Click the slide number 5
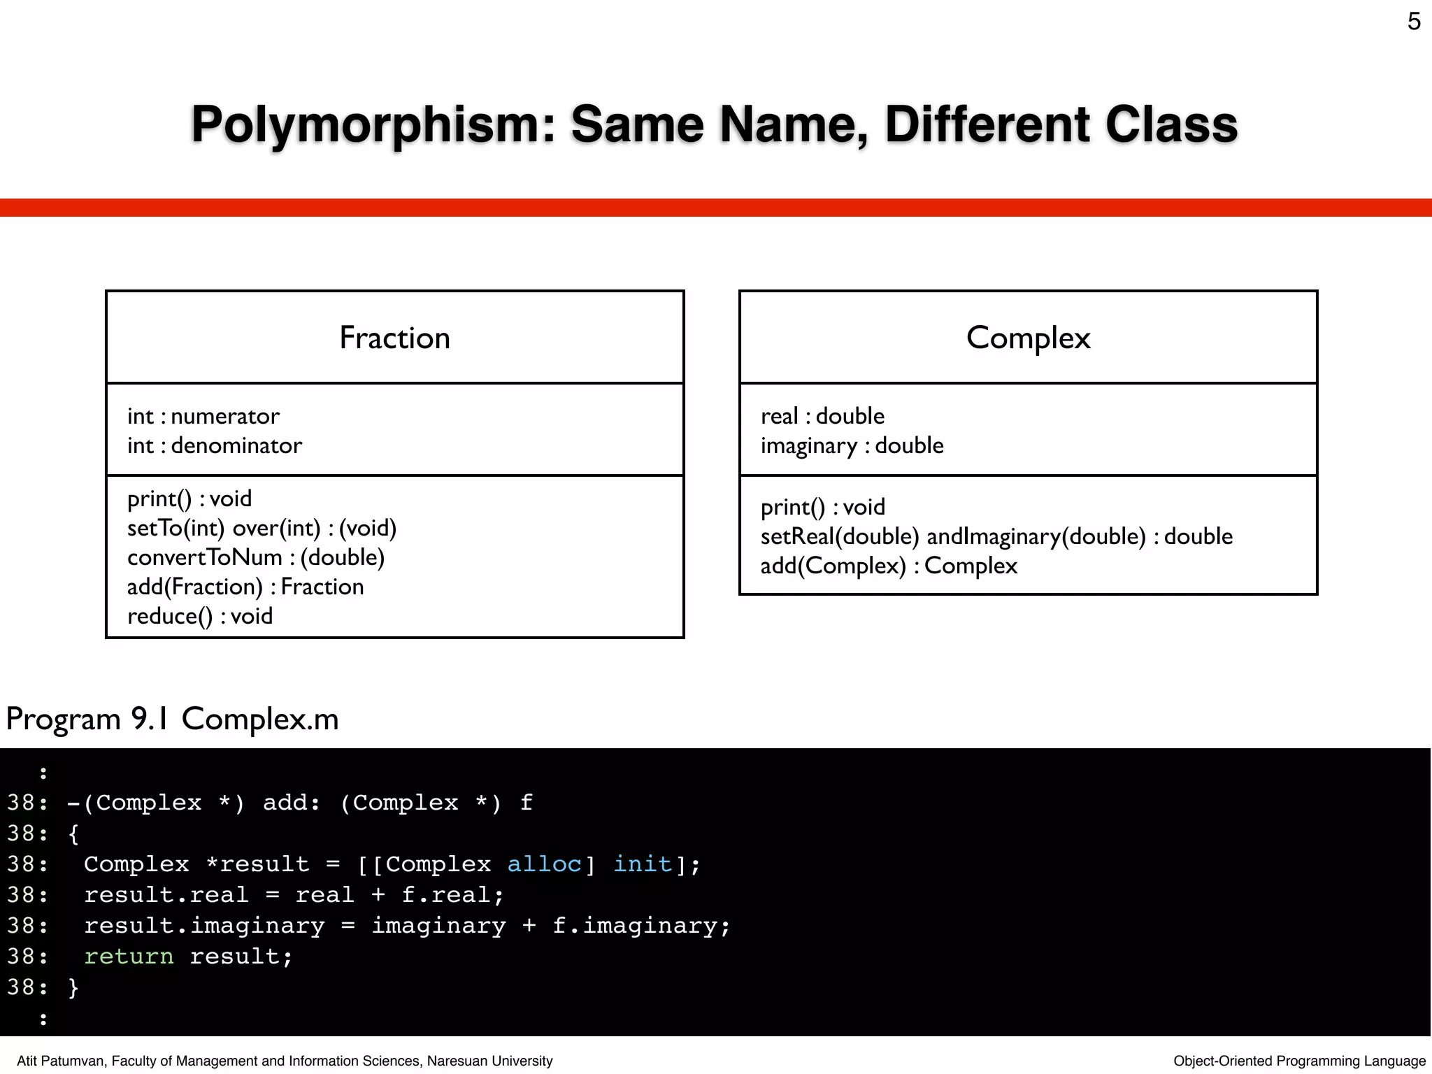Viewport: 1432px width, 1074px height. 1413,22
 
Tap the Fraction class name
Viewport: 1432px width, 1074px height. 394,338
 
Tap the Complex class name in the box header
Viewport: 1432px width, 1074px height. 1028,338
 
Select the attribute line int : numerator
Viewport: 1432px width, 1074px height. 203,416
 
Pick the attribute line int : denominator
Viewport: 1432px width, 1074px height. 215,445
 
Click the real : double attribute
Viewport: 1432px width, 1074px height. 822,416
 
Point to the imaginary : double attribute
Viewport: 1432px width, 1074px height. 852,445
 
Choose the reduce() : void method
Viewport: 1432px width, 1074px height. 200,616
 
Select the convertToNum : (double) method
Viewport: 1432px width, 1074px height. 256,557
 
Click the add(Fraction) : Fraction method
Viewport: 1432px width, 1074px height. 245,587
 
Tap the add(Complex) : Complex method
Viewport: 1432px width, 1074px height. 889,566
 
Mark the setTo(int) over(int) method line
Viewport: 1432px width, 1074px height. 262,528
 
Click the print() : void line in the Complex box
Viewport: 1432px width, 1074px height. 822,507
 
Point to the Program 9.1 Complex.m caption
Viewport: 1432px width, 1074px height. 172,719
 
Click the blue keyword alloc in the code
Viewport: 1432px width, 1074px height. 544,864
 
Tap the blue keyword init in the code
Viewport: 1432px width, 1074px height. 643,864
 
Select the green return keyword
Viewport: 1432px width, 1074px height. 129,957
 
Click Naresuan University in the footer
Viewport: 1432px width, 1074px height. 489,1061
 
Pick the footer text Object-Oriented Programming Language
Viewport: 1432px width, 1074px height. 1299,1061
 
